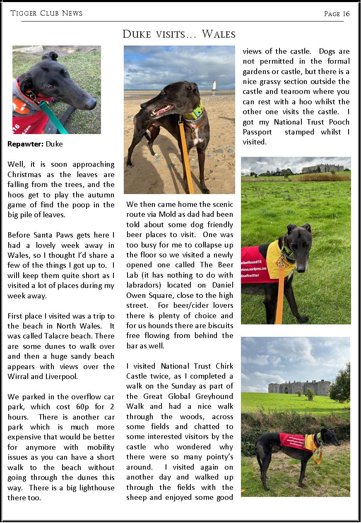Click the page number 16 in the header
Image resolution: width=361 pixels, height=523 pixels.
pyautogui.click(x=346, y=14)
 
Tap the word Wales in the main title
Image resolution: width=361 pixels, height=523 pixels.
pyautogui.click(x=219, y=34)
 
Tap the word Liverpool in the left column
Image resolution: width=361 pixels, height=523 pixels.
pyautogui.click(x=61, y=377)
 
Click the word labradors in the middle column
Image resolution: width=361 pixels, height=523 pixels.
pyautogui.click(x=144, y=285)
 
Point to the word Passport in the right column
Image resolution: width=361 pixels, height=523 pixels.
pyautogui.click(x=257, y=132)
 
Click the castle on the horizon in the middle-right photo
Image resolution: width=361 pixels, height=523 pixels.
pyautogui.click(x=323, y=168)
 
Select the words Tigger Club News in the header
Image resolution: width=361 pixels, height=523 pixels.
pyautogui.click(x=46, y=14)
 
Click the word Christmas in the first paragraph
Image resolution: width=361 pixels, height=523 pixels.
pyautogui.click(x=26, y=175)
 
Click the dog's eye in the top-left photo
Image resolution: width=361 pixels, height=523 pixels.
pyautogui.click(x=50, y=87)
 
